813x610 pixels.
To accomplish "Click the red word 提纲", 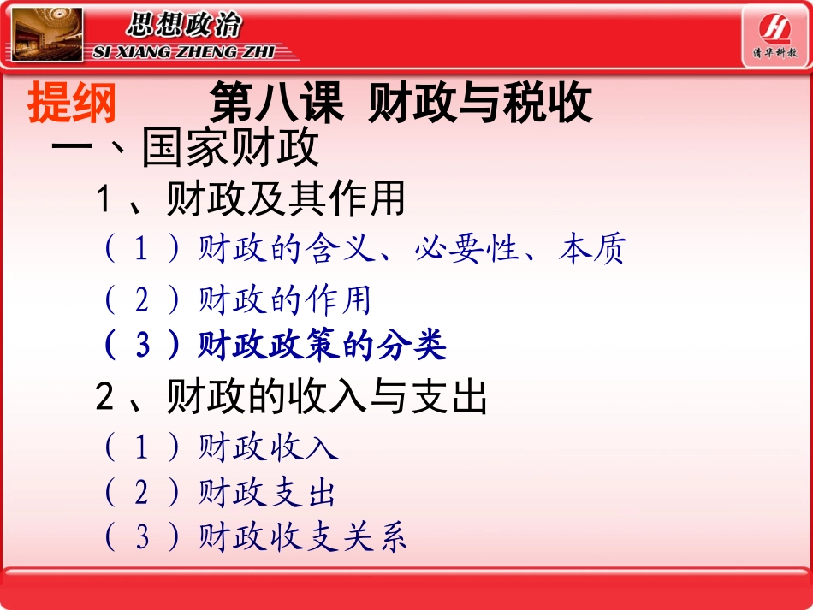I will (x=72, y=104).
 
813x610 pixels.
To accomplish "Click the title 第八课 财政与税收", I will (x=401, y=104).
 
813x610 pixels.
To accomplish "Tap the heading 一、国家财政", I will (x=186, y=148).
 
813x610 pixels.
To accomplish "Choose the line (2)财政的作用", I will (x=237, y=300).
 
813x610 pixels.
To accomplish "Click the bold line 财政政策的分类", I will (x=322, y=346).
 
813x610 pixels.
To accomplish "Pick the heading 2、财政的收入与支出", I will (x=292, y=397).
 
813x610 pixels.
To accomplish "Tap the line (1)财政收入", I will (x=222, y=447).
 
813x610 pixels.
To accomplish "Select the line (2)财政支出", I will (x=220, y=493).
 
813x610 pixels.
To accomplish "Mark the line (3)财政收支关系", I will (x=255, y=537).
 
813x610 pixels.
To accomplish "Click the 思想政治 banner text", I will (x=184, y=26).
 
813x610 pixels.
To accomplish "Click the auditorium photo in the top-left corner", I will (x=46, y=34).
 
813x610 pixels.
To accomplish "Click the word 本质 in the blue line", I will (x=591, y=249).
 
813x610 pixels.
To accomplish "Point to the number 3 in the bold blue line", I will (x=143, y=346).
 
